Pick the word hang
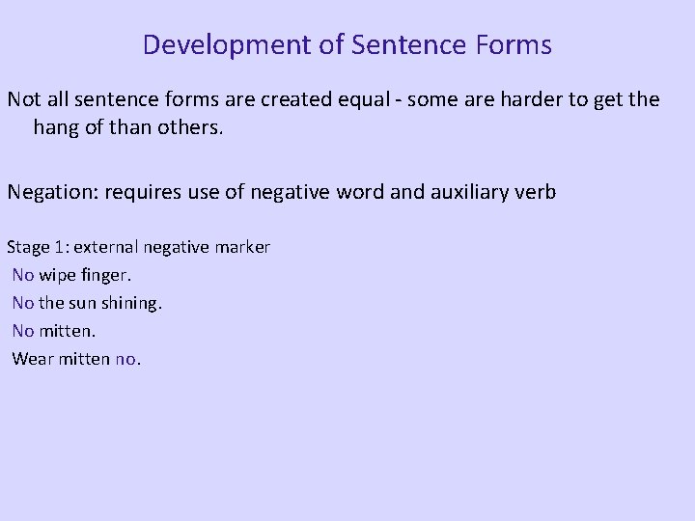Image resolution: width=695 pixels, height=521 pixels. tap(57, 127)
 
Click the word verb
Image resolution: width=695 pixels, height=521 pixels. tap(535, 192)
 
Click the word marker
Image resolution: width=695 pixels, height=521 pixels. tap(242, 247)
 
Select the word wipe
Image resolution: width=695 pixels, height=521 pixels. tap(57, 275)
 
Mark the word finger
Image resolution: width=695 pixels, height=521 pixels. tap(105, 275)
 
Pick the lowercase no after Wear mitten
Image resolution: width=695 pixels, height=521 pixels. tap(125, 359)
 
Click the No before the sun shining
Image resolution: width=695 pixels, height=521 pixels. tap(23, 303)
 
